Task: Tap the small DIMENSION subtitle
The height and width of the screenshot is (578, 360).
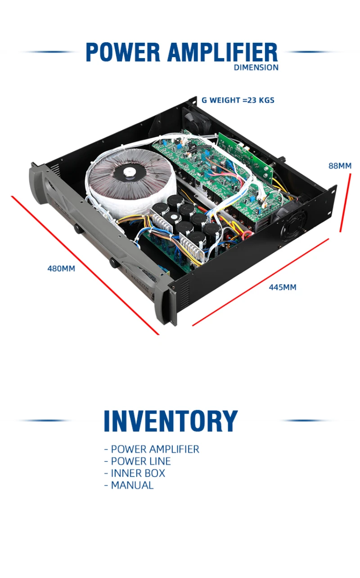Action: pos(256,68)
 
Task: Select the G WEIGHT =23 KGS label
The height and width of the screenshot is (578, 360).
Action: pos(238,100)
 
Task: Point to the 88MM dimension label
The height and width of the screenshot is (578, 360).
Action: pos(340,166)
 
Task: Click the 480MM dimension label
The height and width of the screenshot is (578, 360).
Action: pos(61,269)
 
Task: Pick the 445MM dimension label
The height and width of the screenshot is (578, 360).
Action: pos(283,287)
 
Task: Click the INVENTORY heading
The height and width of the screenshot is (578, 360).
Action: pos(171,421)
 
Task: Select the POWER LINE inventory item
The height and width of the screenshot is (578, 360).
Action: pos(137,461)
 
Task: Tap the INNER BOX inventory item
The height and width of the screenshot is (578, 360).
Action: pos(135,473)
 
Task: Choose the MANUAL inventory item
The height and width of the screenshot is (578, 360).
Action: pos(129,485)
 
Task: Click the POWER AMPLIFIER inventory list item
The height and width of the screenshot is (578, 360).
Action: pos(152,449)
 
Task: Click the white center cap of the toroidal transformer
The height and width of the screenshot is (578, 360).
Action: pos(127,172)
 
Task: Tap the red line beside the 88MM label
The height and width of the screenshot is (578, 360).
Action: pos(345,203)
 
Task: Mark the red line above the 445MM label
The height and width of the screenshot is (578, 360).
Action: pos(261,282)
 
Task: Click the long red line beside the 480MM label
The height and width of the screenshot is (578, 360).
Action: pos(85,265)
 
